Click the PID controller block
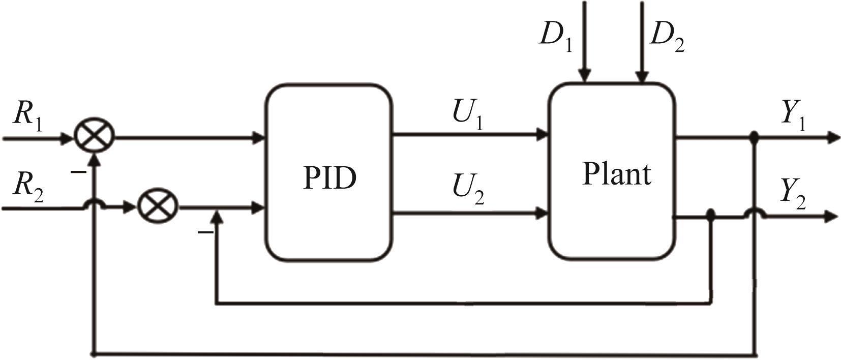pyautogui.click(x=328, y=173)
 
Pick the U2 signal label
pyautogui.click(x=468, y=189)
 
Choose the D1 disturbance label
pyautogui.click(x=555, y=36)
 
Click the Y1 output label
pyautogui.click(x=793, y=115)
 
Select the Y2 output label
pyautogui.click(x=793, y=195)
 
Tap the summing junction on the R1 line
pyautogui.click(x=95, y=136)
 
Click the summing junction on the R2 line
pyautogui.click(x=158, y=207)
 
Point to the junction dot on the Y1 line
pyautogui.click(x=755, y=136)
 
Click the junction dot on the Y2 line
pyautogui.click(x=711, y=217)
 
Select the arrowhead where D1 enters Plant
pyautogui.click(x=585, y=76)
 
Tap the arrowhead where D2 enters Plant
pyautogui.click(x=642, y=76)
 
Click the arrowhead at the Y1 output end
pyautogui.click(x=833, y=137)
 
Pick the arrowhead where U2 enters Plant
pyautogui.click(x=543, y=214)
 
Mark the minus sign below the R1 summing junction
pyautogui.click(x=78, y=172)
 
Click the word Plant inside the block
pyautogui.click(x=616, y=174)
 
